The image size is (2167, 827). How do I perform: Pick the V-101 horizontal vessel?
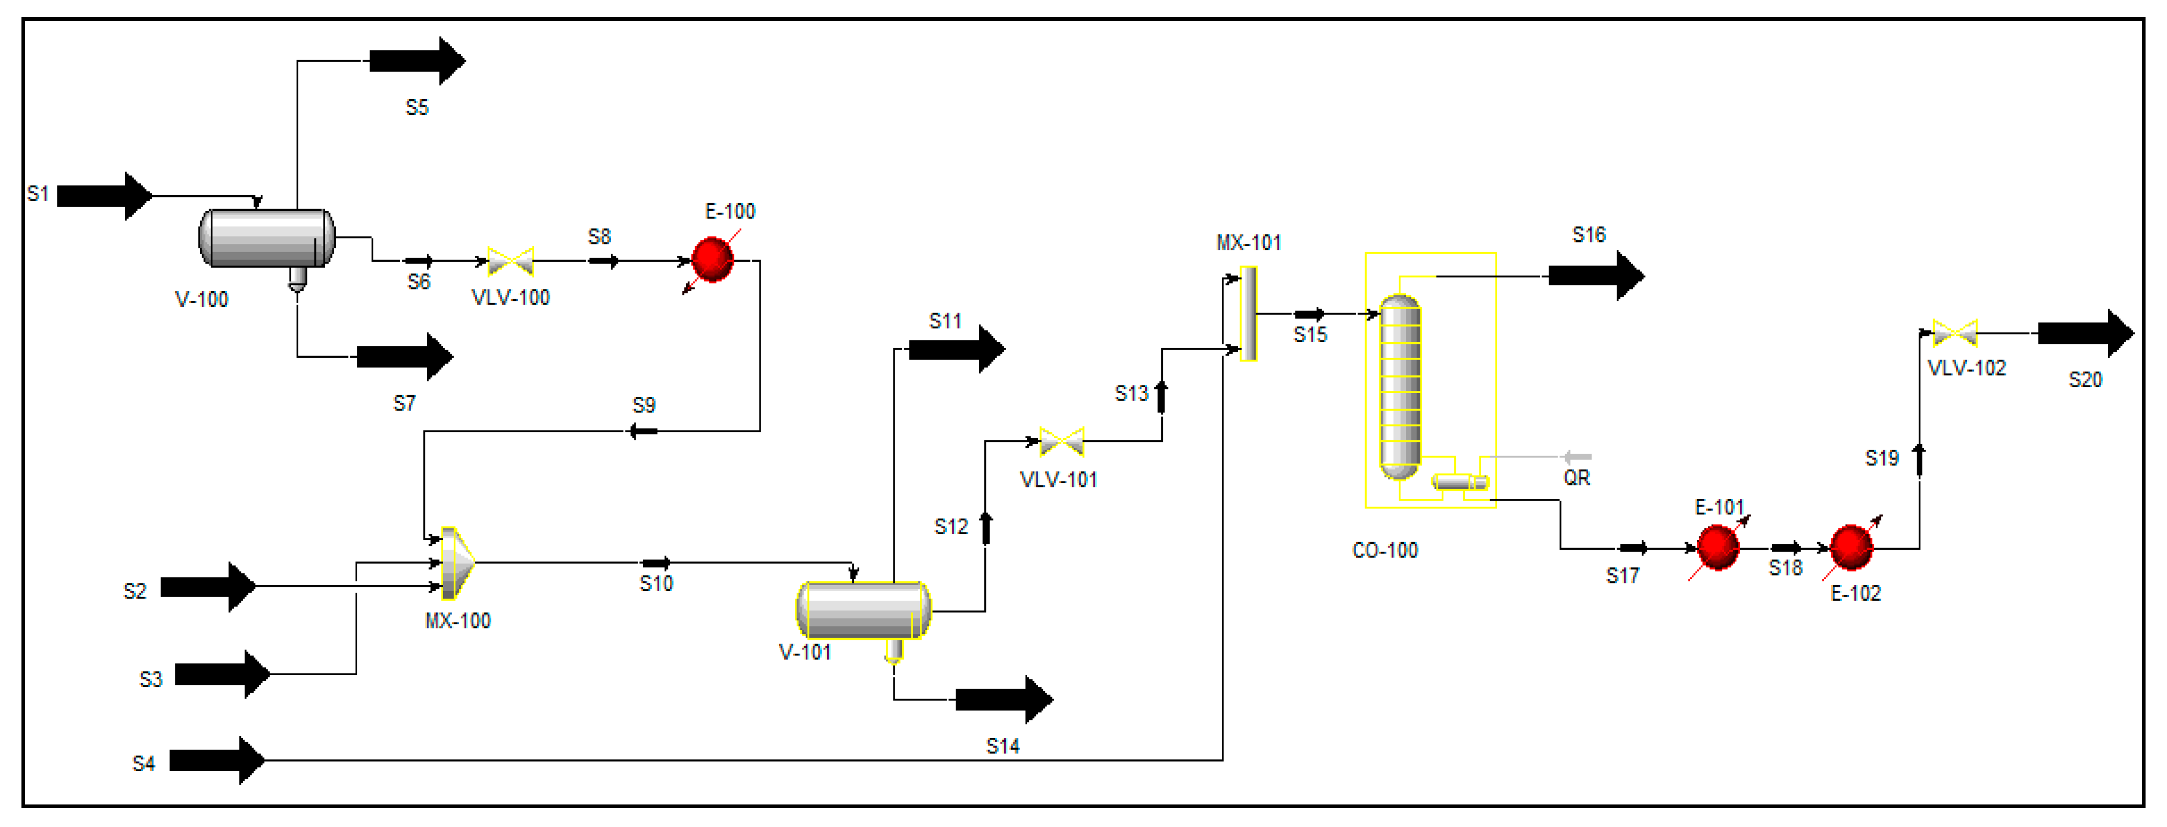click(863, 610)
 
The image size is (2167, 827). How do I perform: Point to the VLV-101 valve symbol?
click(1062, 441)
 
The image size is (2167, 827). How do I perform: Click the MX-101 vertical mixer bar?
click(1248, 313)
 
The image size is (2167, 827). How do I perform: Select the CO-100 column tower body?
click(1400, 387)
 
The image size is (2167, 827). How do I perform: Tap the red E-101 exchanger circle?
click(1717, 548)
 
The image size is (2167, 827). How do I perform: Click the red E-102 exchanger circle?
click(1851, 548)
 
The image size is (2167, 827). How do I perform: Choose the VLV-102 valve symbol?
click(1954, 333)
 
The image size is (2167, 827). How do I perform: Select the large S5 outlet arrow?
click(416, 61)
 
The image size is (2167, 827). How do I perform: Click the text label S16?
click(1588, 235)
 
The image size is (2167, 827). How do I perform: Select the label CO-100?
click(1384, 550)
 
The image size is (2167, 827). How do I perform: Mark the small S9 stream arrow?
click(644, 432)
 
